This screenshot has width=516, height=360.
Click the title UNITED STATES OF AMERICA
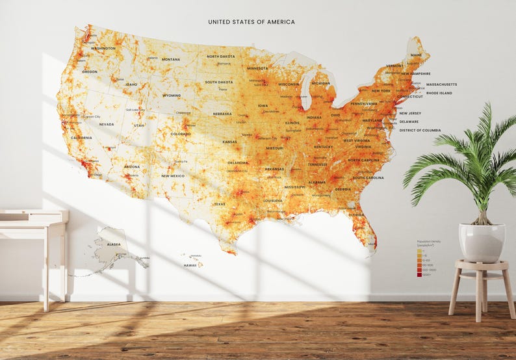point(252,22)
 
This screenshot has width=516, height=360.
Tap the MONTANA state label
point(171,59)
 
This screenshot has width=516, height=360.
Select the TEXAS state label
point(220,204)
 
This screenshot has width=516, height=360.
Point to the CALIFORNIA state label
point(81,138)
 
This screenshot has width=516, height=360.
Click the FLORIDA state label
point(355,214)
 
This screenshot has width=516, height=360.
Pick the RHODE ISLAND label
point(439,93)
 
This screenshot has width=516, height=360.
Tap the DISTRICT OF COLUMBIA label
point(420,130)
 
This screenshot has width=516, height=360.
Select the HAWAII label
point(190,265)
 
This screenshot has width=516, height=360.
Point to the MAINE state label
point(416,55)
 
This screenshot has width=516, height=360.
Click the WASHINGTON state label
point(103,48)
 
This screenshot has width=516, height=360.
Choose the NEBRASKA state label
point(222,114)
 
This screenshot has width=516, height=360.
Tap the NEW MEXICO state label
point(173,175)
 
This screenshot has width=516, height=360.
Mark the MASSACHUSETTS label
point(441,84)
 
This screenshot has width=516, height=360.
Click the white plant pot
point(482,242)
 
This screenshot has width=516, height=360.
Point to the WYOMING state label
point(172,96)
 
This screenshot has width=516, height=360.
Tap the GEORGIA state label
point(343,189)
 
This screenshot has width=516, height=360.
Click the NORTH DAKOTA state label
point(221,57)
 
